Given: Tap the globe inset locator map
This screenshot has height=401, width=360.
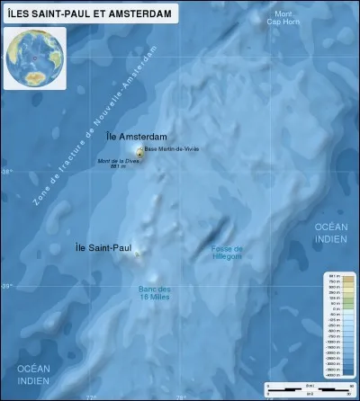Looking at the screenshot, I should coord(34,58).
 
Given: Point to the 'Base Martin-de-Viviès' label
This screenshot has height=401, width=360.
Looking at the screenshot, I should coord(173,148).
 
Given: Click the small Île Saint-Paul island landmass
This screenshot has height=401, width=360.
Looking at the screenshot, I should coord(137,255).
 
